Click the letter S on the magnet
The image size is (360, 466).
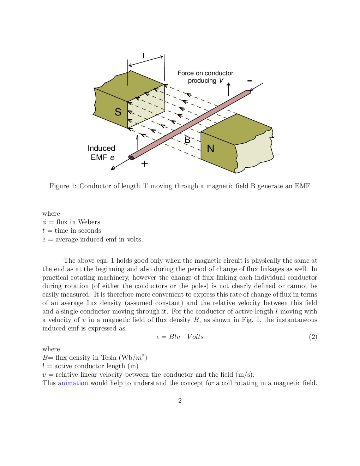click(118, 112)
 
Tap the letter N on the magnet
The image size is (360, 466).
click(211, 149)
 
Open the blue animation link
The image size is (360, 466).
click(73, 383)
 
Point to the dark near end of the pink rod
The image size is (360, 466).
click(131, 157)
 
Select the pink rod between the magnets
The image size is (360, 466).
click(191, 124)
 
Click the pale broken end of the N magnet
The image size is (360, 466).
click(254, 152)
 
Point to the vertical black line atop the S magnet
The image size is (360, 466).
click(127, 78)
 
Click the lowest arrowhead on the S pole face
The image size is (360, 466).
click(130, 120)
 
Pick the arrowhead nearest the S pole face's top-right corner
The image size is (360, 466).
click(156, 90)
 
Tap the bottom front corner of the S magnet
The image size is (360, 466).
click(127, 128)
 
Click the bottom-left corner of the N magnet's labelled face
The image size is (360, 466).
click(201, 159)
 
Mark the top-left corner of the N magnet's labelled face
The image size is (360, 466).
click(201, 132)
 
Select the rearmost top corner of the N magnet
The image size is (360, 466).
click(237, 114)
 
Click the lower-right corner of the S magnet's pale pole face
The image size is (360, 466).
click(164, 110)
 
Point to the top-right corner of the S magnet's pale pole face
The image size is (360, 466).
click(164, 85)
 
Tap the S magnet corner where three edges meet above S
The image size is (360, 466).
click(127, 102)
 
